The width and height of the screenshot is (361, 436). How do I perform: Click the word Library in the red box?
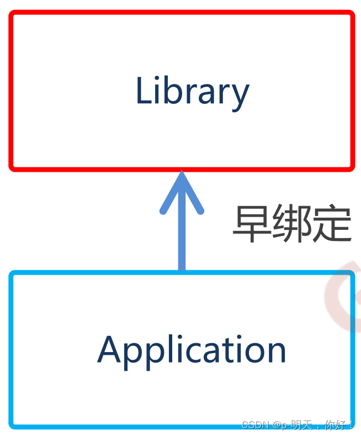coord(192,91)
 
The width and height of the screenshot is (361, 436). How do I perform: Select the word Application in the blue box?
coord(192,350)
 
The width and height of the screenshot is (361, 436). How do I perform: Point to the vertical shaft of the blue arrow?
coord(182,243)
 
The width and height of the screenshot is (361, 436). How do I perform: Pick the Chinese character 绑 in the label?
coord(291,224)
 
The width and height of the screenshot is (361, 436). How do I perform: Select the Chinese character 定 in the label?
coord(331,224)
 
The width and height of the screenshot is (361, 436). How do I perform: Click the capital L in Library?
coord(144,91)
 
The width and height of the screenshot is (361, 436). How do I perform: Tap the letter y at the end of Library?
coord(240,95)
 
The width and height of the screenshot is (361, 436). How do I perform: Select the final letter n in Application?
coord(276,353)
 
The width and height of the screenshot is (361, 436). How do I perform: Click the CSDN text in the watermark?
coord(254,426)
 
